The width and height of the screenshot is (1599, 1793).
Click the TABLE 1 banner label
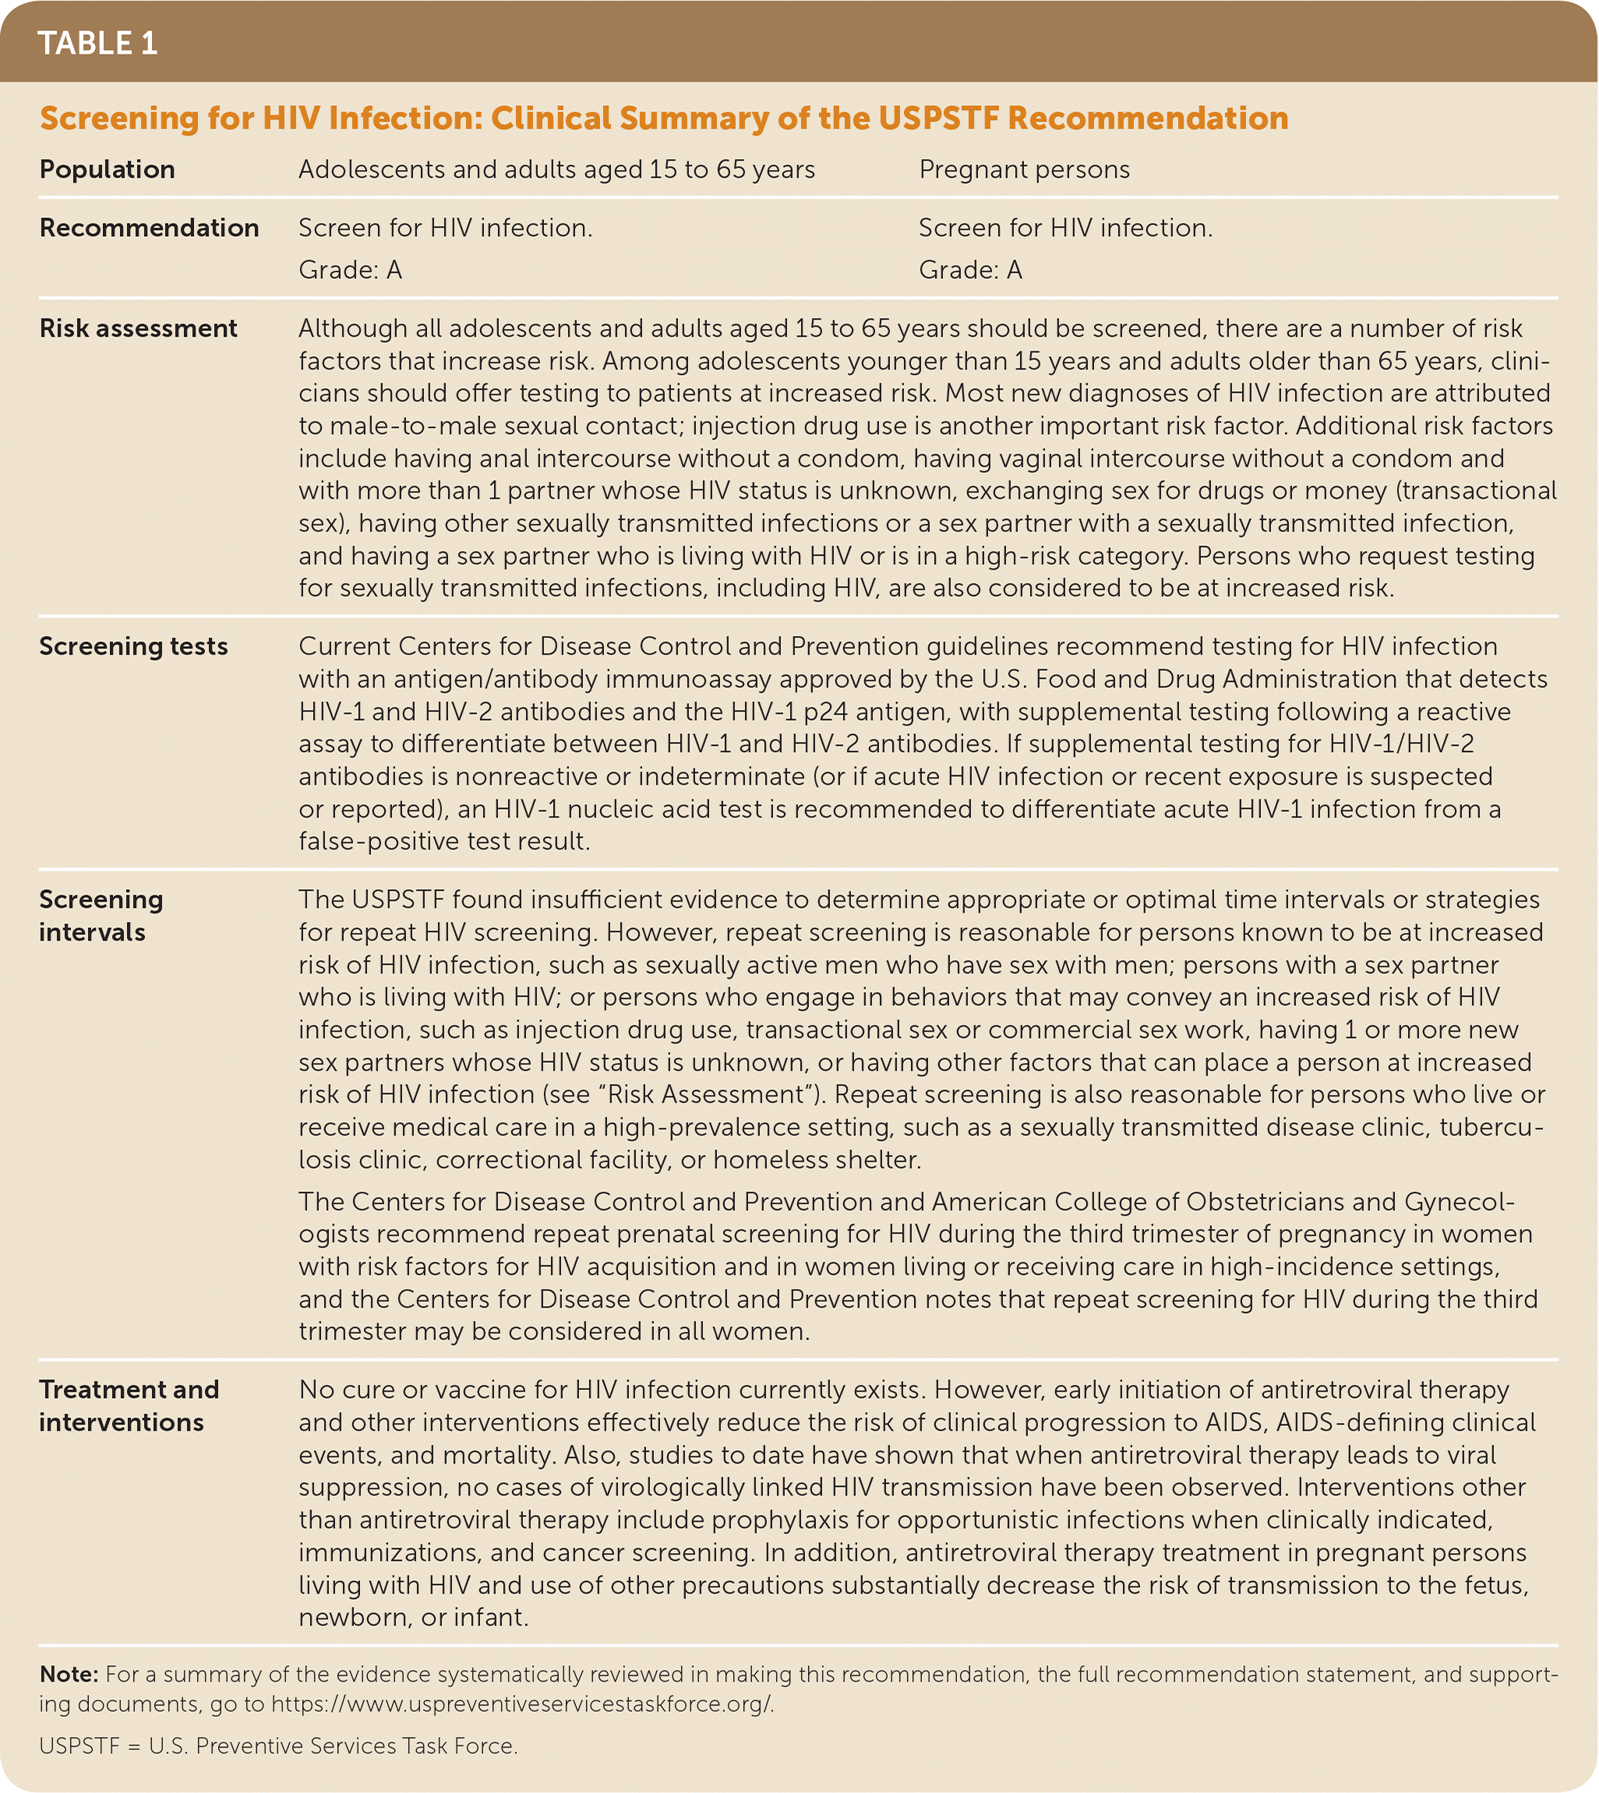coord(97,43)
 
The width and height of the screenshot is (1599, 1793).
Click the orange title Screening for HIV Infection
coord(663,118)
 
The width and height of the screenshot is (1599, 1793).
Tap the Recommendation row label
coord(149,228)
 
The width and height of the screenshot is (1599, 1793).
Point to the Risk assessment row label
coord(138,328)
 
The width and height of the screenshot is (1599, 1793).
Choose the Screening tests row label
coord(133,646)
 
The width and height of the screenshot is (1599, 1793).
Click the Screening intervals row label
coord(101,916)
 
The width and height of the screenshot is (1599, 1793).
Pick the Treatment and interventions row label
coord(129,1406)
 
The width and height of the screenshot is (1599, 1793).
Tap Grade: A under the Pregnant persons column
coord(970,270)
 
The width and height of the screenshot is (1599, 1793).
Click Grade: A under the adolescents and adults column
coord(350,270)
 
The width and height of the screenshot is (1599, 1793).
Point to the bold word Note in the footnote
coord(68,1674)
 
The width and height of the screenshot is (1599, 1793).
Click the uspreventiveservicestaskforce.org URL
coord(522,1704)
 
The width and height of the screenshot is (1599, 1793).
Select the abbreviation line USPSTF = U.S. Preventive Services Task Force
coord(277,1745)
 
